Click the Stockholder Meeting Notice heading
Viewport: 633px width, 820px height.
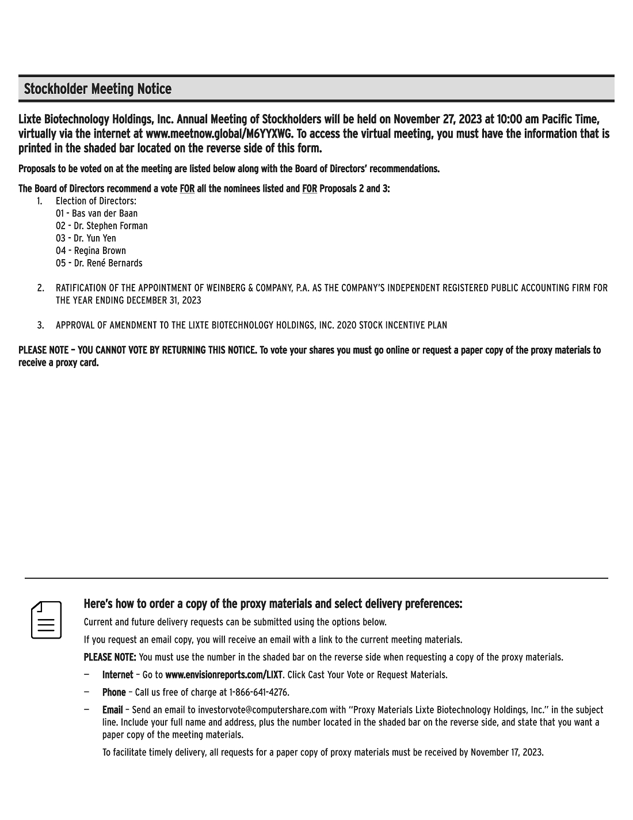click(x=98, y=89)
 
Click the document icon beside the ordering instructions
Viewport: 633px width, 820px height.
click(x=47, y=620)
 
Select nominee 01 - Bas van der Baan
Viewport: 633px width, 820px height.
click(x=97, y=214)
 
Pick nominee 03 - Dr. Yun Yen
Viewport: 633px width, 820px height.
click(x=86, y=238)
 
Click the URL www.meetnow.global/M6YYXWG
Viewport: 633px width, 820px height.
click(x=219, y=134)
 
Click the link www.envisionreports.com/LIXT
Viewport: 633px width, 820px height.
click(x=224, y=675)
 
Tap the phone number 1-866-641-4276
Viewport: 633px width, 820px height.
click(x=258, y=692)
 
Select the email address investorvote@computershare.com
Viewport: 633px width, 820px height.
click(x=262, y=710)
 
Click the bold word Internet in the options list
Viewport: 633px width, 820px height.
click(x=117, y=675)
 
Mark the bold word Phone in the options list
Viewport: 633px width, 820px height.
click(x=114, y=692)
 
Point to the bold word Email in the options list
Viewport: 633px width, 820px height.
click(x=112, y=710)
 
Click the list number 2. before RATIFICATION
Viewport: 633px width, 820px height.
click(x=41, y=288)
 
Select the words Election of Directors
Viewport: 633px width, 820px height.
click(x=96, y=201)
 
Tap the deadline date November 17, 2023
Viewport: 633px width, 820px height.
click(x=506, y=752)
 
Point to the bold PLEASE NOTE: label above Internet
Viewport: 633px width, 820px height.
click(x=110, y=657)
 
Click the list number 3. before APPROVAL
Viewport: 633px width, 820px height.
click(x=41, y=325)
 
